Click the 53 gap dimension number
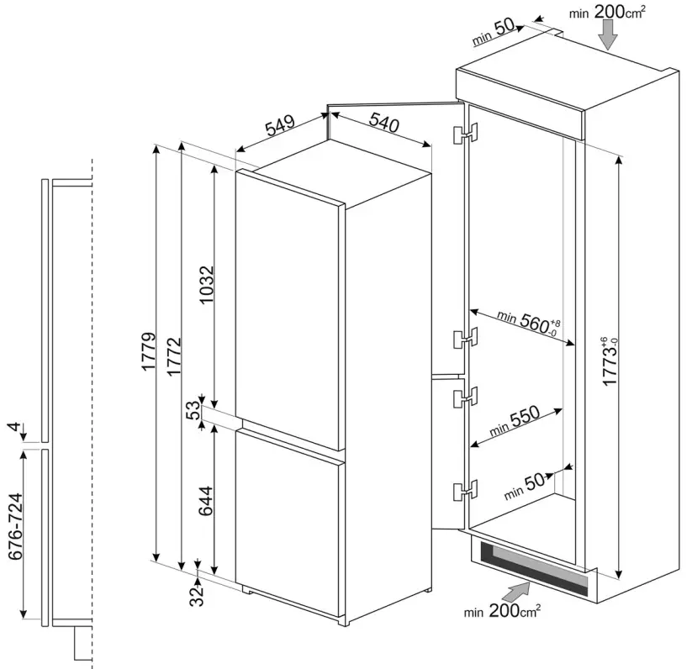point(193,411)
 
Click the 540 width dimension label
point(382,124)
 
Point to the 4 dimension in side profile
point(14,429)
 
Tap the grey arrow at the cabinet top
point(609,34)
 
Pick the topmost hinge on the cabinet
point(463,134)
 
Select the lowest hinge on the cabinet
point(463,489)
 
